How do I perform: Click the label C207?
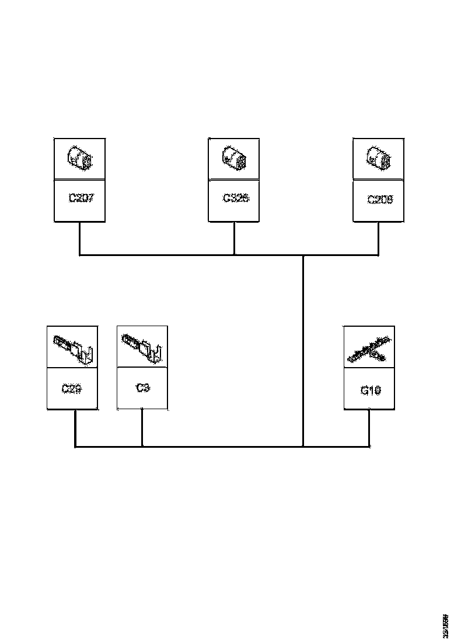click(81, 198)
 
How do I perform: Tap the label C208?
click(380, 199)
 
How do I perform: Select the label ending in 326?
click(236, 198)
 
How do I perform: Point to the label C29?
click(71, 388)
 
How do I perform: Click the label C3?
click(142, 387)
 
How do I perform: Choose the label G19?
click(371, 390)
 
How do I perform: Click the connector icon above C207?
click(79, 158)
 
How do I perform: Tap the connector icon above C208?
click(379, 158)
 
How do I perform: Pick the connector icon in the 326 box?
click(234, 158)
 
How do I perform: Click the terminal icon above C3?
click(142, 347)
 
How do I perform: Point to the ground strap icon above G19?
click(369, 349)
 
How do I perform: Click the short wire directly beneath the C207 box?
click(79, 238)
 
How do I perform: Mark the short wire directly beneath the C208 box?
click(378, 238)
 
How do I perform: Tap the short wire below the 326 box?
click(234, 238)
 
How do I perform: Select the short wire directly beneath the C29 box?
click(75, 428)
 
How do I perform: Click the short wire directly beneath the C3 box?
click(142, 428)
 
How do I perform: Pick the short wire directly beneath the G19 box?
click(369, 428)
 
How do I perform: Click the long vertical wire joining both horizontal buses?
click(303, 351)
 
